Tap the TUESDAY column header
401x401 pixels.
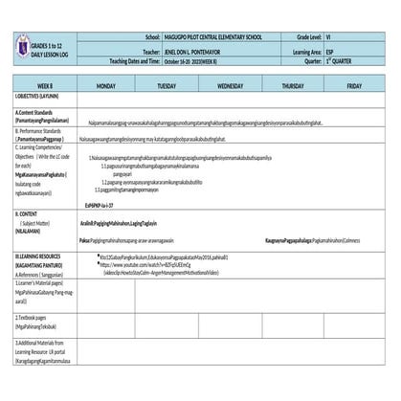coord(167,86)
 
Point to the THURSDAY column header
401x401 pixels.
coord(293,86)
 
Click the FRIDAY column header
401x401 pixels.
coord(354,86)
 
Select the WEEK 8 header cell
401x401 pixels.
coord(45,86)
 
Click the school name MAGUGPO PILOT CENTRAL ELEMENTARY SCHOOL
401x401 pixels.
coord(212,35)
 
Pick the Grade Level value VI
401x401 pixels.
coord(328,35)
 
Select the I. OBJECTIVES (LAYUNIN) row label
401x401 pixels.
coord(37,97)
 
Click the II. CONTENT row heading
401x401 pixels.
coord(27,214)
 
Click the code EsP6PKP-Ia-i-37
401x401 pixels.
coord(100,205)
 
